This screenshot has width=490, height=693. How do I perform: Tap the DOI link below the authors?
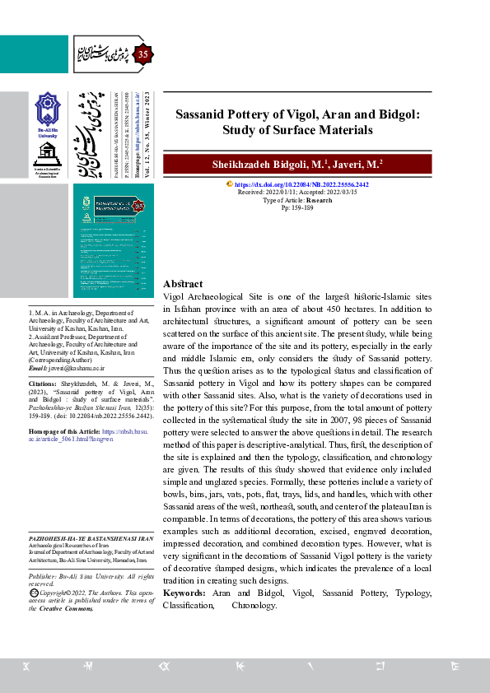[301, 186]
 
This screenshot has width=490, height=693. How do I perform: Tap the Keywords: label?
[184, 593]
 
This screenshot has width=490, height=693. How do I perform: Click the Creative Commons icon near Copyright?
[33, 592]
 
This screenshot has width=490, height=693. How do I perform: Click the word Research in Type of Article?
[320, 200]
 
